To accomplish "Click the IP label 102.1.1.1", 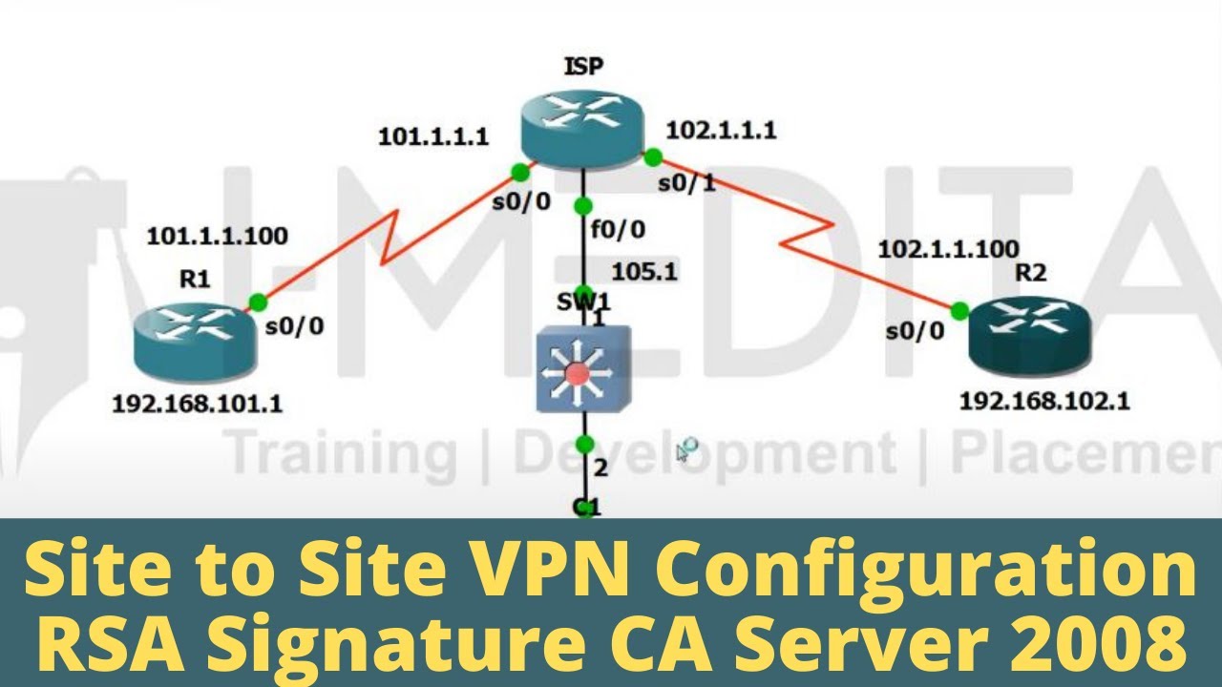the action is coord(720,131).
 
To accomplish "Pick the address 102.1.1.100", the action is coord(947,250).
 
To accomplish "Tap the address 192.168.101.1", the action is coord(197,404).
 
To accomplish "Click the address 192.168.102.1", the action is coord(1044,401).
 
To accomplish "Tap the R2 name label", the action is coord(1029,273).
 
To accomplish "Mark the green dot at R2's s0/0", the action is coord(959,310).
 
